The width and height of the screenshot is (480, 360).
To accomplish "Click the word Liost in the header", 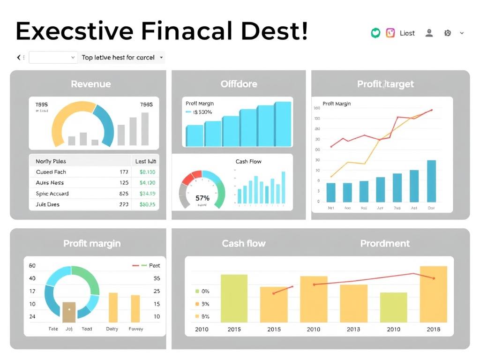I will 407,33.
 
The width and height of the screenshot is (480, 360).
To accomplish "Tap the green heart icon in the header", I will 375,33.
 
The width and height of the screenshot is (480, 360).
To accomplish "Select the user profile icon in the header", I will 429,33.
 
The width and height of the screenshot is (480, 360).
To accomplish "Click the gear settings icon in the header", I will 447,33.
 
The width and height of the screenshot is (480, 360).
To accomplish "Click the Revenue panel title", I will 91,84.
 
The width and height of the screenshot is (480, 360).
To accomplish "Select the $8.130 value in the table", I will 148,172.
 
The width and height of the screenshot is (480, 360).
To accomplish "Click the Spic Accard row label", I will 52,194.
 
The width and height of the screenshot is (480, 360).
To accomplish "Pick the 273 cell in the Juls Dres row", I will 124,204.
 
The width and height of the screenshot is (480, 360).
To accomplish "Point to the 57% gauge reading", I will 202,198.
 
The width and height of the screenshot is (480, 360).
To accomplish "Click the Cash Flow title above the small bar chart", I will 248,162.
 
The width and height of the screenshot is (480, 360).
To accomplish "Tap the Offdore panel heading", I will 239,84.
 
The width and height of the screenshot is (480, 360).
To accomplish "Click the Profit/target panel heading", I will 385,84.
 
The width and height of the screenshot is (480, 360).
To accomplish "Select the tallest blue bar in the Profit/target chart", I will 431,181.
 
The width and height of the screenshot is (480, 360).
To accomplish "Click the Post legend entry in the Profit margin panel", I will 154,265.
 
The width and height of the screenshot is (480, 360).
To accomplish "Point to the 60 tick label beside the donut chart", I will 32,265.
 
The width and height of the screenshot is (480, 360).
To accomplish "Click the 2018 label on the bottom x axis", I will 434,329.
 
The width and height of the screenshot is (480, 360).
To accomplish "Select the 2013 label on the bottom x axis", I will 353,329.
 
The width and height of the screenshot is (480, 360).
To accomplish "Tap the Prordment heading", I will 385,243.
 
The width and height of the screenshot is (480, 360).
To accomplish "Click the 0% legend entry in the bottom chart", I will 205,291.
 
